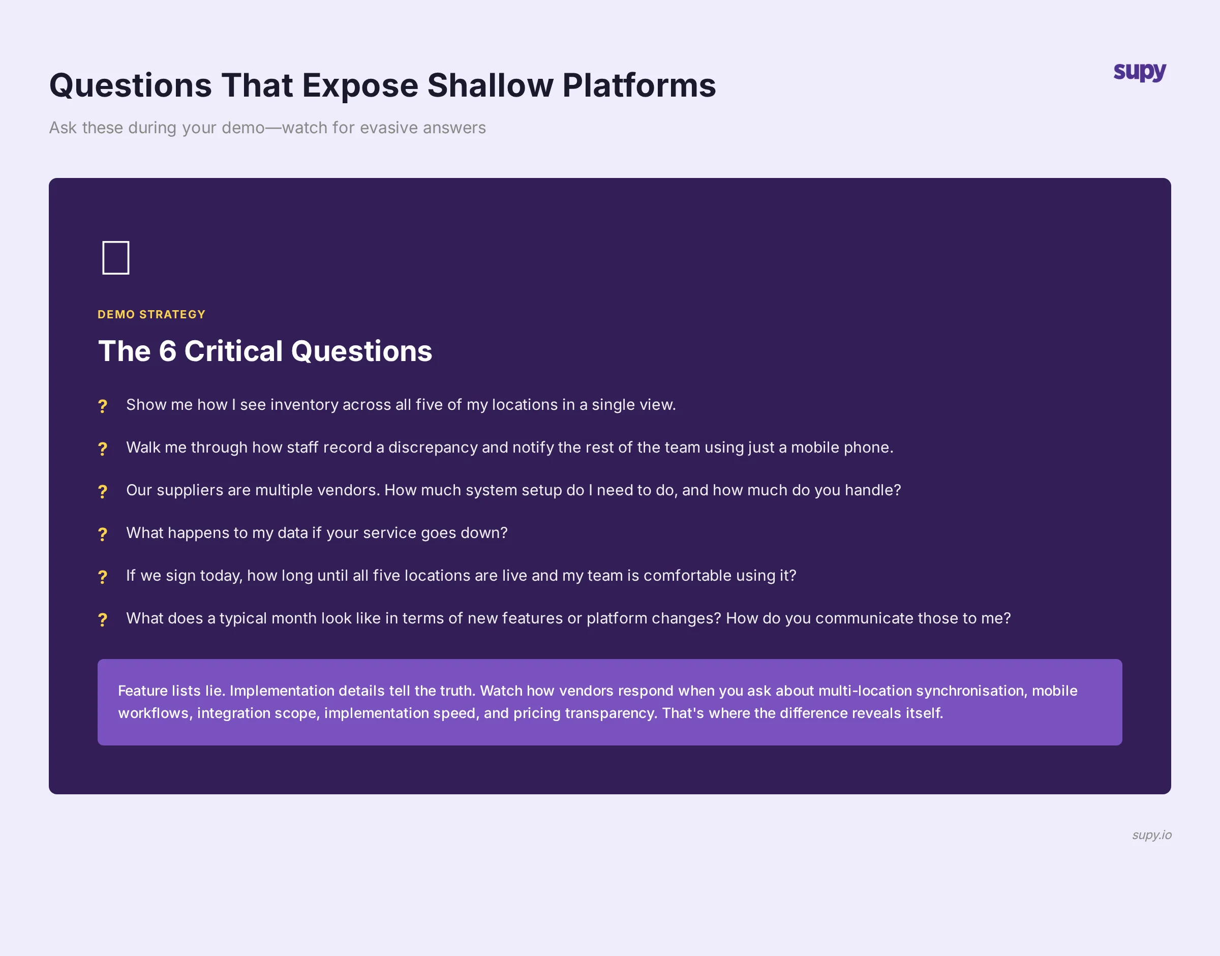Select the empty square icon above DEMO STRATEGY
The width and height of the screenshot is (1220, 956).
click(x=116, y=257)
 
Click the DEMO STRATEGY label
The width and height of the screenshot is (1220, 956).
click(x=151, y=315)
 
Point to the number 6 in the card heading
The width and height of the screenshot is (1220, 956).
click(x=167, y=351)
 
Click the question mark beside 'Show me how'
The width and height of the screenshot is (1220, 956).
click(x=102, y=406)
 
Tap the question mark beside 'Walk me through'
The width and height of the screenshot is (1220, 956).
click(x=102, y=449)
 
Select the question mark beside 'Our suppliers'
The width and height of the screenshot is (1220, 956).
click(x=102, y=491)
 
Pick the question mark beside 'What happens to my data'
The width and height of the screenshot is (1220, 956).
click(x=102, y=534)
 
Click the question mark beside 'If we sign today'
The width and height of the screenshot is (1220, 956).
click(x=102, y=577)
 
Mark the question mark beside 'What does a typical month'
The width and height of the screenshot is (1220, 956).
click(x=102, y=619)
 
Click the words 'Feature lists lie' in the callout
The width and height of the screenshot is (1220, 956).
click(x=171, y=691)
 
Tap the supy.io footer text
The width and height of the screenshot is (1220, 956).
click(x=1151, y=834)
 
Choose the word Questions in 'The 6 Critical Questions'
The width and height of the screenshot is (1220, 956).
click(x=361, y=351)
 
